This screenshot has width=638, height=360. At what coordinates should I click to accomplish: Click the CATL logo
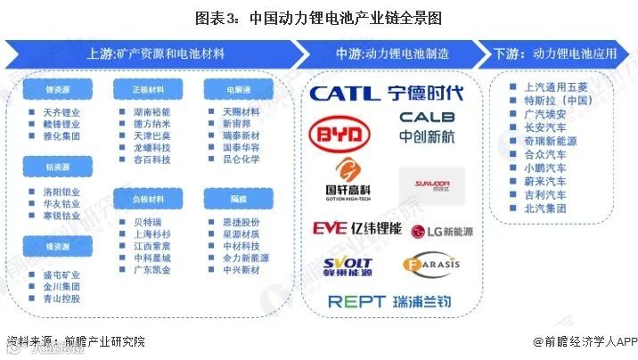click(x=342, y=93)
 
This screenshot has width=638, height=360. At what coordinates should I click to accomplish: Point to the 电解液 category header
click(x=229, y=89)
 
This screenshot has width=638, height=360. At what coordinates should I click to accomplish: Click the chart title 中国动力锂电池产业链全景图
click(x=318, y=17)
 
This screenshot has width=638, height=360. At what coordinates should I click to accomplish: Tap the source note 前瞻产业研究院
click(x=76, y=341)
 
